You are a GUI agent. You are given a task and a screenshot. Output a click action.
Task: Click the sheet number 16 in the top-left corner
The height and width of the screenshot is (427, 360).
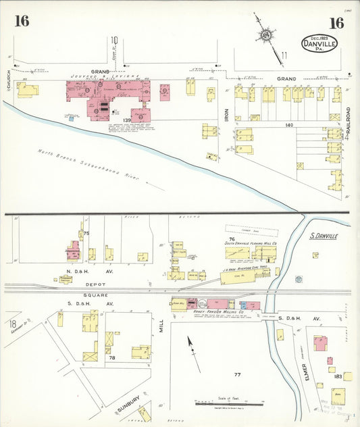click(22, 21)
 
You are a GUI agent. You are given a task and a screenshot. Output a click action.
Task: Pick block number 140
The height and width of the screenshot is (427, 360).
click(290, 126)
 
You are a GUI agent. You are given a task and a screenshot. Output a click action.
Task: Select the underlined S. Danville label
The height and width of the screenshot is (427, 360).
click(323, 236)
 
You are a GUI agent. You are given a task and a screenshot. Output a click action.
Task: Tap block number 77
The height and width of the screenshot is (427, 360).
click(237, 374)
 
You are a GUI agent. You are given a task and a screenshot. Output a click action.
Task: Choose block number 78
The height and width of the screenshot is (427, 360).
click(112, 357)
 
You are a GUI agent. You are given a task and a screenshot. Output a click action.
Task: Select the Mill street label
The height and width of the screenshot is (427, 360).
click(161, 326)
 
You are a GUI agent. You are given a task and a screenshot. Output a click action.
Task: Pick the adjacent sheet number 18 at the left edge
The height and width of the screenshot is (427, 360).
click(12, 325)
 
